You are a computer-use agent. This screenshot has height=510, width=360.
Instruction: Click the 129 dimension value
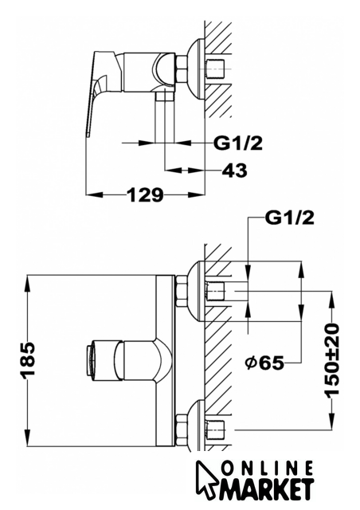[x=145, y=195]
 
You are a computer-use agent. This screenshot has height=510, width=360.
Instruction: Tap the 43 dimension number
[x=234, y=170]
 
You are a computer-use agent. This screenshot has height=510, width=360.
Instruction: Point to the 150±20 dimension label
[x=331, y=359]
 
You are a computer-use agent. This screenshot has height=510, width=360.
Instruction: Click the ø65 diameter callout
[x=264, y=363]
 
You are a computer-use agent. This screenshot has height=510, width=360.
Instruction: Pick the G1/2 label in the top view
[x=237, y=143]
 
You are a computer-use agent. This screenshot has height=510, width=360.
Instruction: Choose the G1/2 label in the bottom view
[x=290, y=218]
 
